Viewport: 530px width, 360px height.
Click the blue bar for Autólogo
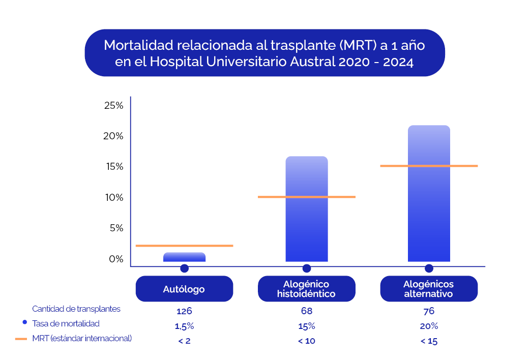pyautogui.click(x=184, y=257)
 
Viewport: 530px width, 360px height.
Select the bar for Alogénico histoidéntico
pyautogui.click(x=307, y=214)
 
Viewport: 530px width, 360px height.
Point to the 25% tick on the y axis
pyautogui.click(x=114, y=106)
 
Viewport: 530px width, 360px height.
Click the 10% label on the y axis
pyautogui.click(x=114, y=197)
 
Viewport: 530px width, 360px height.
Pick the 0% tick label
pyautogui.click(x=116, y=259)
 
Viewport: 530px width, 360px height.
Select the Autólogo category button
pyautogui.click(x=184, y=289)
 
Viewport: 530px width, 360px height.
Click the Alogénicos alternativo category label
pyautogui.click(x=429, y=289)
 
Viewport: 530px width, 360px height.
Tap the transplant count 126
pyautogui.click(x=184, y=311)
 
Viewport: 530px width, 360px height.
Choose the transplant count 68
pyautogui.click(x=306, y=311)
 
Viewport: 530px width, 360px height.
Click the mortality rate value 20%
pyautogui.click(x=429, y=326)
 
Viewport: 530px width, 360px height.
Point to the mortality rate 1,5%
pyautogui.click(x=184, y=326)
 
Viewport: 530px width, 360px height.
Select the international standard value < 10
pyautogui.click(x=306, y=341)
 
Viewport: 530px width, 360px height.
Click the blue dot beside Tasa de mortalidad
pyautogui.click(x=24, y=323)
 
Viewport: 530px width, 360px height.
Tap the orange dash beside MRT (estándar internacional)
pyautogui.click(x=22, y=338)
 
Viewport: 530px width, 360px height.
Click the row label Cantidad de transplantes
pyautogui.click(x=76, y=309)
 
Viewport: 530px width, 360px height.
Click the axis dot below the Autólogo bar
pyautogui.click(x=184, y=268)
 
